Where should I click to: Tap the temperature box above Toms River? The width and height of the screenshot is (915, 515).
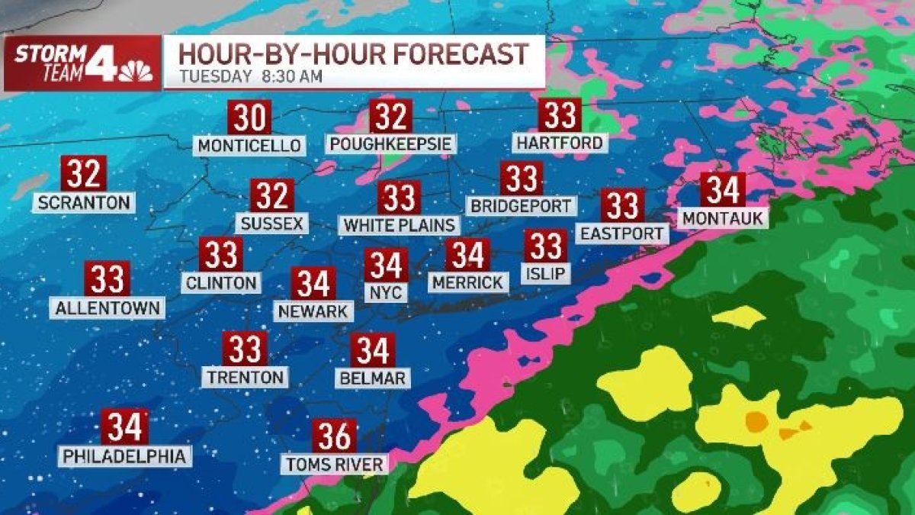click(334, 436)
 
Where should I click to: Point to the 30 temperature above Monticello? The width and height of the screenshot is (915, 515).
click(250, 118)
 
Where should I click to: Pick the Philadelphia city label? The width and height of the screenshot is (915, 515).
click(124, 455)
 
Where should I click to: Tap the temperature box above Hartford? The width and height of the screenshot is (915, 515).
click(560, 115)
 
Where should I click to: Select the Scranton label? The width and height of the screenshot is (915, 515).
click(84, 202)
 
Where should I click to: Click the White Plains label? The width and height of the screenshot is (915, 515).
click(400, 225)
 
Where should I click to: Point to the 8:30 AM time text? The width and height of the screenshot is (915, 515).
click(291, 76)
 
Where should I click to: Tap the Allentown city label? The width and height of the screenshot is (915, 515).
click(108, 307)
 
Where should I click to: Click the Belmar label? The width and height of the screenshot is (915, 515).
click(373, 377)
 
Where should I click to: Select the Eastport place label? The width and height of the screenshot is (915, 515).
click(622, 233)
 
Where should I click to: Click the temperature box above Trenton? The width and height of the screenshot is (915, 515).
click(246, 349)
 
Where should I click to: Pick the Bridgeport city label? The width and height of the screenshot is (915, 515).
click(521, 205)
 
